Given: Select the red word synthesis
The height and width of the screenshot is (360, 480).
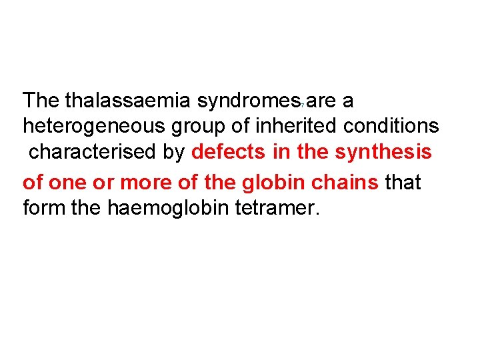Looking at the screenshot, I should [383, 152].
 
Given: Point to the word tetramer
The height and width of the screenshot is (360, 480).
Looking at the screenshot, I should [278, 207].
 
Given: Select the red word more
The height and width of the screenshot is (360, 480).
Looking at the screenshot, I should [143, 181].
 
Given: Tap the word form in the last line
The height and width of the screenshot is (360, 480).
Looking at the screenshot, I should [43, 207].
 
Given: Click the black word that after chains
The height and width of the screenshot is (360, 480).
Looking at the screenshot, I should [404, 181].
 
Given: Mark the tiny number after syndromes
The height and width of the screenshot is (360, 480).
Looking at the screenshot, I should [303, 105].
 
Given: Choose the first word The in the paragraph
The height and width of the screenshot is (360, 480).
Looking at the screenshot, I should [41, 101].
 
